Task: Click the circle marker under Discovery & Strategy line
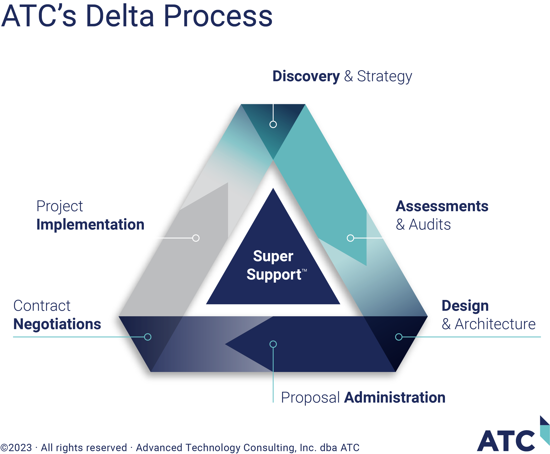pyautogui.click(x=273, y=124)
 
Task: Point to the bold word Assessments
pyautogui.click(x=442, y=206)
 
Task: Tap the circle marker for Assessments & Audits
pyautogui.click(x=350, y=238)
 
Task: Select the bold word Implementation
pyautogui.click(x=90, y=224)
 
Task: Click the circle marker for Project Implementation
pyautogui.click(x=196, y=238)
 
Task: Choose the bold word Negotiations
pyautogui.click(x=57, y=324)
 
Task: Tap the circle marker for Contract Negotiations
pyautogui.click(x=148, y=337)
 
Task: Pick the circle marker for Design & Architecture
pyautogui.click(x=399, y=337)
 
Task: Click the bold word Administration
pyautogui.click(x=395, y=397)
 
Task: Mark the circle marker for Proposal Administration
pyautogui.click(x=273, y=344)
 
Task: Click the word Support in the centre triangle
pyautogui.click(x=274, y=275)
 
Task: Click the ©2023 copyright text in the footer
pyautogui.click(x=16, y=447)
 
